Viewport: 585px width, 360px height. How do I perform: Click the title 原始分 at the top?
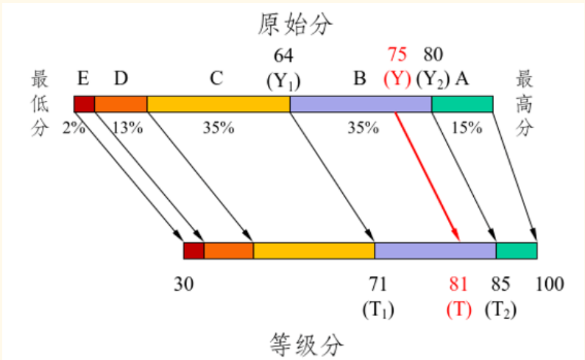(295, 24)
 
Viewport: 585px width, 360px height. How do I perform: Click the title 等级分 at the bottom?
(306, 345)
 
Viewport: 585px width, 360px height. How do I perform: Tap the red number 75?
(397, 54)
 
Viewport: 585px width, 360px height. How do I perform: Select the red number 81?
(458, 284)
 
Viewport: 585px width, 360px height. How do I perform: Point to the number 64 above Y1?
(283, 56)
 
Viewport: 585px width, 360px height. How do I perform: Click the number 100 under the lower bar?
(550, 284)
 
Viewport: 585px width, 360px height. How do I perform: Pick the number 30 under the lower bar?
(183, 284)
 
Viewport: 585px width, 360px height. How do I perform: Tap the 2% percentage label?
(74, 128)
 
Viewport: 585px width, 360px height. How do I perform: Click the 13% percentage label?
(127, 128)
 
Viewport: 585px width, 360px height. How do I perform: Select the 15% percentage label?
(467, 128)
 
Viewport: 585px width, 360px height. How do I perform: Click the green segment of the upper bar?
(462, 105)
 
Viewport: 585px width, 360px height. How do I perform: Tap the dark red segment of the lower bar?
(194, 250)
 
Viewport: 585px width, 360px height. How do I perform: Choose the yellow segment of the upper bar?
(219, 105)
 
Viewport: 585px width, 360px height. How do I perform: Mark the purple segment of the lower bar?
(436, 250)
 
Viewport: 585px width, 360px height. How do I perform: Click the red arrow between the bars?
(428, 177)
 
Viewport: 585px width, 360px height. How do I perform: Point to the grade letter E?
(83, 79)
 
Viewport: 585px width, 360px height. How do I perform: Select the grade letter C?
(216, 79)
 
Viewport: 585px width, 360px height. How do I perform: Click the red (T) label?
(459, 310)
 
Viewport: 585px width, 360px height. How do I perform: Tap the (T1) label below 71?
(378, 310)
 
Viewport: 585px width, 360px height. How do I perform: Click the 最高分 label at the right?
(524, 104)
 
